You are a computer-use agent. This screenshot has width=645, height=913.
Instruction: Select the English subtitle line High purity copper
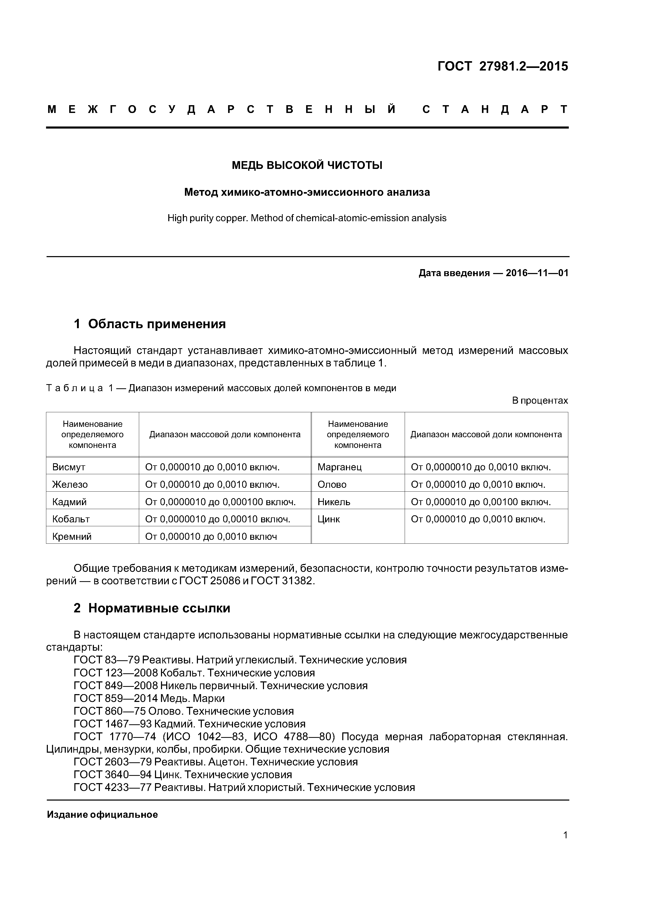307,218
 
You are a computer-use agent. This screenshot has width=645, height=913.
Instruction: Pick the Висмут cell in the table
69,467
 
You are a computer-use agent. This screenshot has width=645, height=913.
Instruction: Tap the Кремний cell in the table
72,536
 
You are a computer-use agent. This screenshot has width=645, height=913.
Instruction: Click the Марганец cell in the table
339,467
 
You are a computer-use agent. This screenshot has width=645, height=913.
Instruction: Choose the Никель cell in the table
334,502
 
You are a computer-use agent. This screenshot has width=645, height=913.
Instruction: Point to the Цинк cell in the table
329,519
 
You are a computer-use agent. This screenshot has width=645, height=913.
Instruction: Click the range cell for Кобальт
217,519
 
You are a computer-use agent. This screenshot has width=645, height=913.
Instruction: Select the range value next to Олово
478,484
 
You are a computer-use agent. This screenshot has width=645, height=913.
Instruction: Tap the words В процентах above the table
540,401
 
